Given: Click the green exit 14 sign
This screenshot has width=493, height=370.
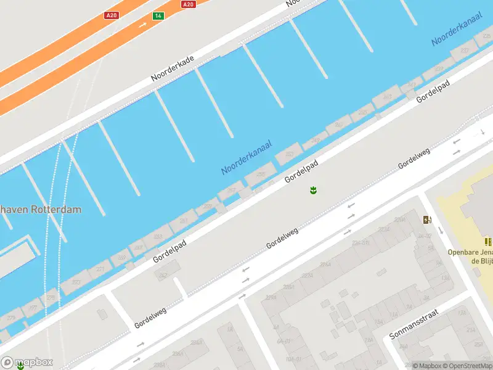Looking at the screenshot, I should tap(158, 15).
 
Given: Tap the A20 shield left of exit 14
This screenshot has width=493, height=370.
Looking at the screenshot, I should tap(111, 15).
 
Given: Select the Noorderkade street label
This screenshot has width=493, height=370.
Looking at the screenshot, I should tap(173, 69).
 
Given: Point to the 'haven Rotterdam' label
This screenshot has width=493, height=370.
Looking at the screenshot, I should tap(41, 210).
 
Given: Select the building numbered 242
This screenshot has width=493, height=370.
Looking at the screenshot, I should tap(163, 275).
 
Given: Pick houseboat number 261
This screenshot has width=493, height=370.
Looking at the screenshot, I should tap(183, 220).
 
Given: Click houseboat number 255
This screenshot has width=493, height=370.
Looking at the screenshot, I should tap(261, 175).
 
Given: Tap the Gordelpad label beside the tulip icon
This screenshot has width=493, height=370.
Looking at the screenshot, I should tap(301, 171).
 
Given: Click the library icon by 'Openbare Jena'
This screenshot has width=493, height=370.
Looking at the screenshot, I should tap(488, 242).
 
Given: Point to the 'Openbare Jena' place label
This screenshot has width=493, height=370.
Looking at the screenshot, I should tap(470, 256).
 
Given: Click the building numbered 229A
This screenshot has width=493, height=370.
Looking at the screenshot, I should tap(307, 276).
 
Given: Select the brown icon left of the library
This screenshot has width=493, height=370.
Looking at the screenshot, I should tap(426, 220).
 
